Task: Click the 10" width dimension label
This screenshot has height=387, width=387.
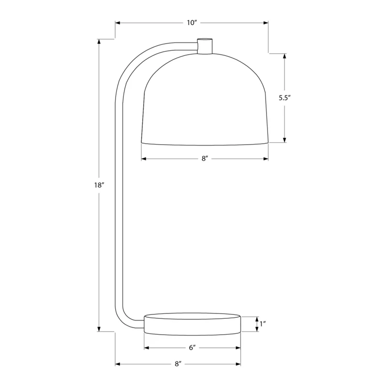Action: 192,23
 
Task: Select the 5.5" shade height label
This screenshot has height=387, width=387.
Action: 284,98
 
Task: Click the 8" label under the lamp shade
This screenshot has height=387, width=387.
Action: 204,159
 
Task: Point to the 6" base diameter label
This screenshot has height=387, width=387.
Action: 192,348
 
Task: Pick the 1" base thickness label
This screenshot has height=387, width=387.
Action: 262,324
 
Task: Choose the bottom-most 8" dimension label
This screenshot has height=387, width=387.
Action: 178,364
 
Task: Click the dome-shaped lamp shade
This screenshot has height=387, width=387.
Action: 205,99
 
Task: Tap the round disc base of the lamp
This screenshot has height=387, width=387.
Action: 192,324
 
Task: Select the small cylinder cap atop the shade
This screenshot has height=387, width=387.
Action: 205,46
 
